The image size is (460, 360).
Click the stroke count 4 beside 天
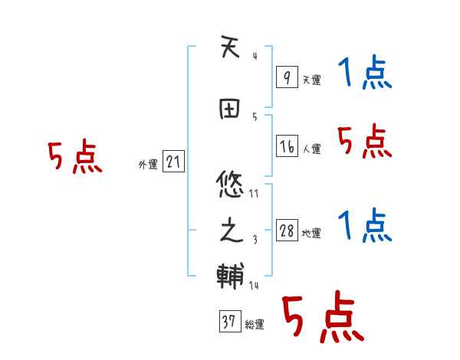point(254,56)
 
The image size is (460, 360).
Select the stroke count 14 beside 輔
point(254,286)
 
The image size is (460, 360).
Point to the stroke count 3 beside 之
point(255,239)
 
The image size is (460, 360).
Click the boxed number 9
point(287,77)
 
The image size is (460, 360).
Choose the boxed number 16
point(287,146)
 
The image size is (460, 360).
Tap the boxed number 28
point(287,231)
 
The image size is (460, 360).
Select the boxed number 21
point(173,162)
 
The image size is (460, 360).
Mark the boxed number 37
point(228,322)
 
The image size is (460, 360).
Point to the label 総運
point(255,325)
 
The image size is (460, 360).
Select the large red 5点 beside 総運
point(322,319)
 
